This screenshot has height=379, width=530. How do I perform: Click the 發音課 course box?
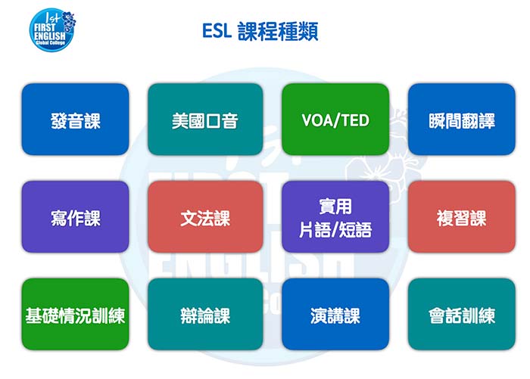point(75,120)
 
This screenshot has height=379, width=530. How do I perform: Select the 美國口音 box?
point(204,120)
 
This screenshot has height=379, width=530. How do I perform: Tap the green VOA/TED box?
point(335,120)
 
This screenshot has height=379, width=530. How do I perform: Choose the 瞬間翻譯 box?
point(461,120)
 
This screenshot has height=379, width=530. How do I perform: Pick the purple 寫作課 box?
point(75,217)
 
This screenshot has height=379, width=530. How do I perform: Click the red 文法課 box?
point(204,217)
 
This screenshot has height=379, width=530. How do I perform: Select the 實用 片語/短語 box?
point(335,217)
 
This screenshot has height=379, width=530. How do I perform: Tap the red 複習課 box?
point(461,217)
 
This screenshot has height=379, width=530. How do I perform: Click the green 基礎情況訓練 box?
point(75,315)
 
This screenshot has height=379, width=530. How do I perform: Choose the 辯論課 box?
point(204,315)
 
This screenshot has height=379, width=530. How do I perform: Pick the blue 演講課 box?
point(335,315)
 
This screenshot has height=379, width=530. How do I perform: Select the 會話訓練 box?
point(461,315)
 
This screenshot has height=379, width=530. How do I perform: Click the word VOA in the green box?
point(316,120)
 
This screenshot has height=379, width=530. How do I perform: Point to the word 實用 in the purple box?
point(335,207)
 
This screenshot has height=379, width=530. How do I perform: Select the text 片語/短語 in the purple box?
point(335,229)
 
